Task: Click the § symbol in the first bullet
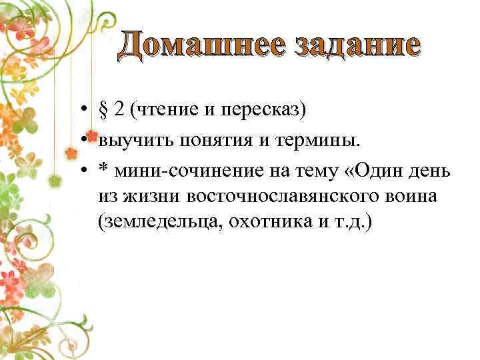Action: click(103, 109)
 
